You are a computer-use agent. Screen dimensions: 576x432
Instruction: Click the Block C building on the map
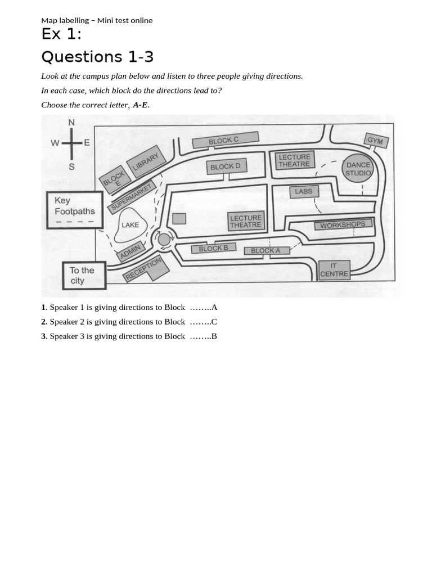click(225, 140)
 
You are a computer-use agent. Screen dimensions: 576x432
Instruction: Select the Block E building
click(115, 179)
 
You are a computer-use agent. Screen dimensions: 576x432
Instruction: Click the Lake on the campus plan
click(130, 226)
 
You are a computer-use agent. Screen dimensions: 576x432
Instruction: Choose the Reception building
click(145, 268)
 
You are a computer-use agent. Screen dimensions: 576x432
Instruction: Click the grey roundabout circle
click(164, 240)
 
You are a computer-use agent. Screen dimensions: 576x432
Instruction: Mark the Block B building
click(213, 249)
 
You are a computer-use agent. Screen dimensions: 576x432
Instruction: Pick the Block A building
click(266, 251)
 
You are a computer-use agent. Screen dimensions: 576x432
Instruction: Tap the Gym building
click(375, 141)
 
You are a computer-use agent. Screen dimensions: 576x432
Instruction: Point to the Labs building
click(303, 191)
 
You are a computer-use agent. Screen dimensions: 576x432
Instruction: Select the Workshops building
click(343, 224)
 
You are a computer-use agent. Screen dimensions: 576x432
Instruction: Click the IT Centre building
click(334, 270)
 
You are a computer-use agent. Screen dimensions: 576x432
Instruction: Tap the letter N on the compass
click(71, 123)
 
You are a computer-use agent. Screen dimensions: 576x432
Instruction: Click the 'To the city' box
click(83, 276)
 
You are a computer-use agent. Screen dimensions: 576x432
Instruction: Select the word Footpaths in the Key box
click(75, 211)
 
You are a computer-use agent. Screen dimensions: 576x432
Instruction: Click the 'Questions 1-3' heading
click(97, 57)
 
